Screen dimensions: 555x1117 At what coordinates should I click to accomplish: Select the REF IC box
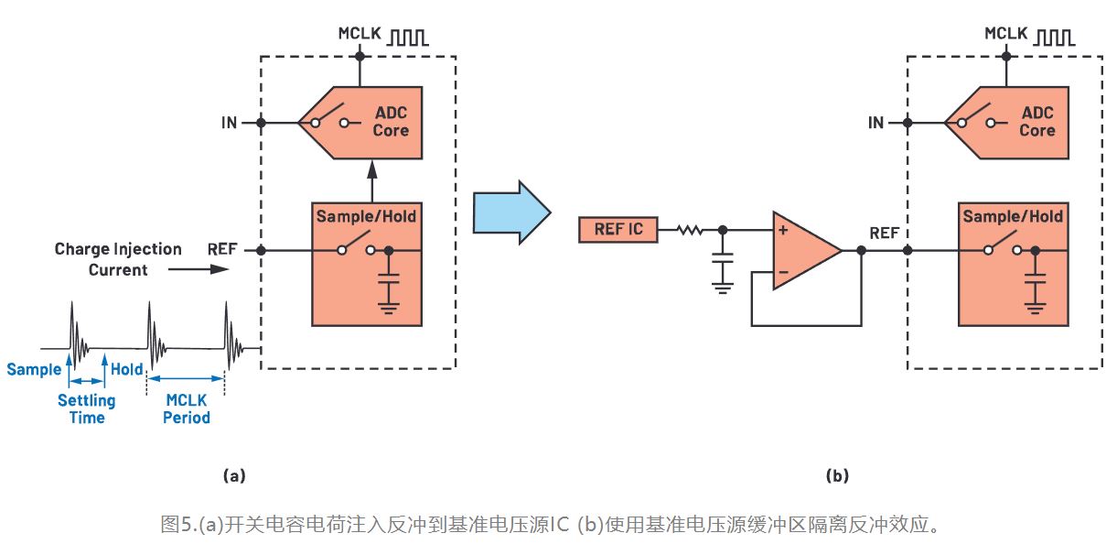pos(618,229)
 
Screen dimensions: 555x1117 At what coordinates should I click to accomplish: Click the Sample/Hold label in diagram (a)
pos(366,217)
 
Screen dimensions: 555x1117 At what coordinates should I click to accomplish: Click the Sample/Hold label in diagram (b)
pos(1012,217)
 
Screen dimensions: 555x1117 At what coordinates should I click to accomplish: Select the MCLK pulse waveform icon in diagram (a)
pos(410,38)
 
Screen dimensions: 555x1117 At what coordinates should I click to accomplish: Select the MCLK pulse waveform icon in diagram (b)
pos(1056,38)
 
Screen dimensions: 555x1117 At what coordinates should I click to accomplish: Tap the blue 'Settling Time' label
pos(87,408)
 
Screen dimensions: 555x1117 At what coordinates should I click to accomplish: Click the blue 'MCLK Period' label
pos(187,408)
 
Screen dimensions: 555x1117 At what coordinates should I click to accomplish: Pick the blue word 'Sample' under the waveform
pos(34,370)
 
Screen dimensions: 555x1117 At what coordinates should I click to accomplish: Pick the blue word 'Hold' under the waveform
pos(127,370)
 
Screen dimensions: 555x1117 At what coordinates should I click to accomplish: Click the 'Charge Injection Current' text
pos(118,259)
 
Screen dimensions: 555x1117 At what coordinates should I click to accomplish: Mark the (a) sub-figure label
pos(234,475)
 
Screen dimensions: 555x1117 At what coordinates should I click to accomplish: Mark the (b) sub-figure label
pos(836,475)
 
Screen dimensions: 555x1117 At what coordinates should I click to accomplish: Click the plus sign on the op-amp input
pos(783,230)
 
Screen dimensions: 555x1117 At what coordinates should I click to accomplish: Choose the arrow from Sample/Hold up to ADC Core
pos(372,181)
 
